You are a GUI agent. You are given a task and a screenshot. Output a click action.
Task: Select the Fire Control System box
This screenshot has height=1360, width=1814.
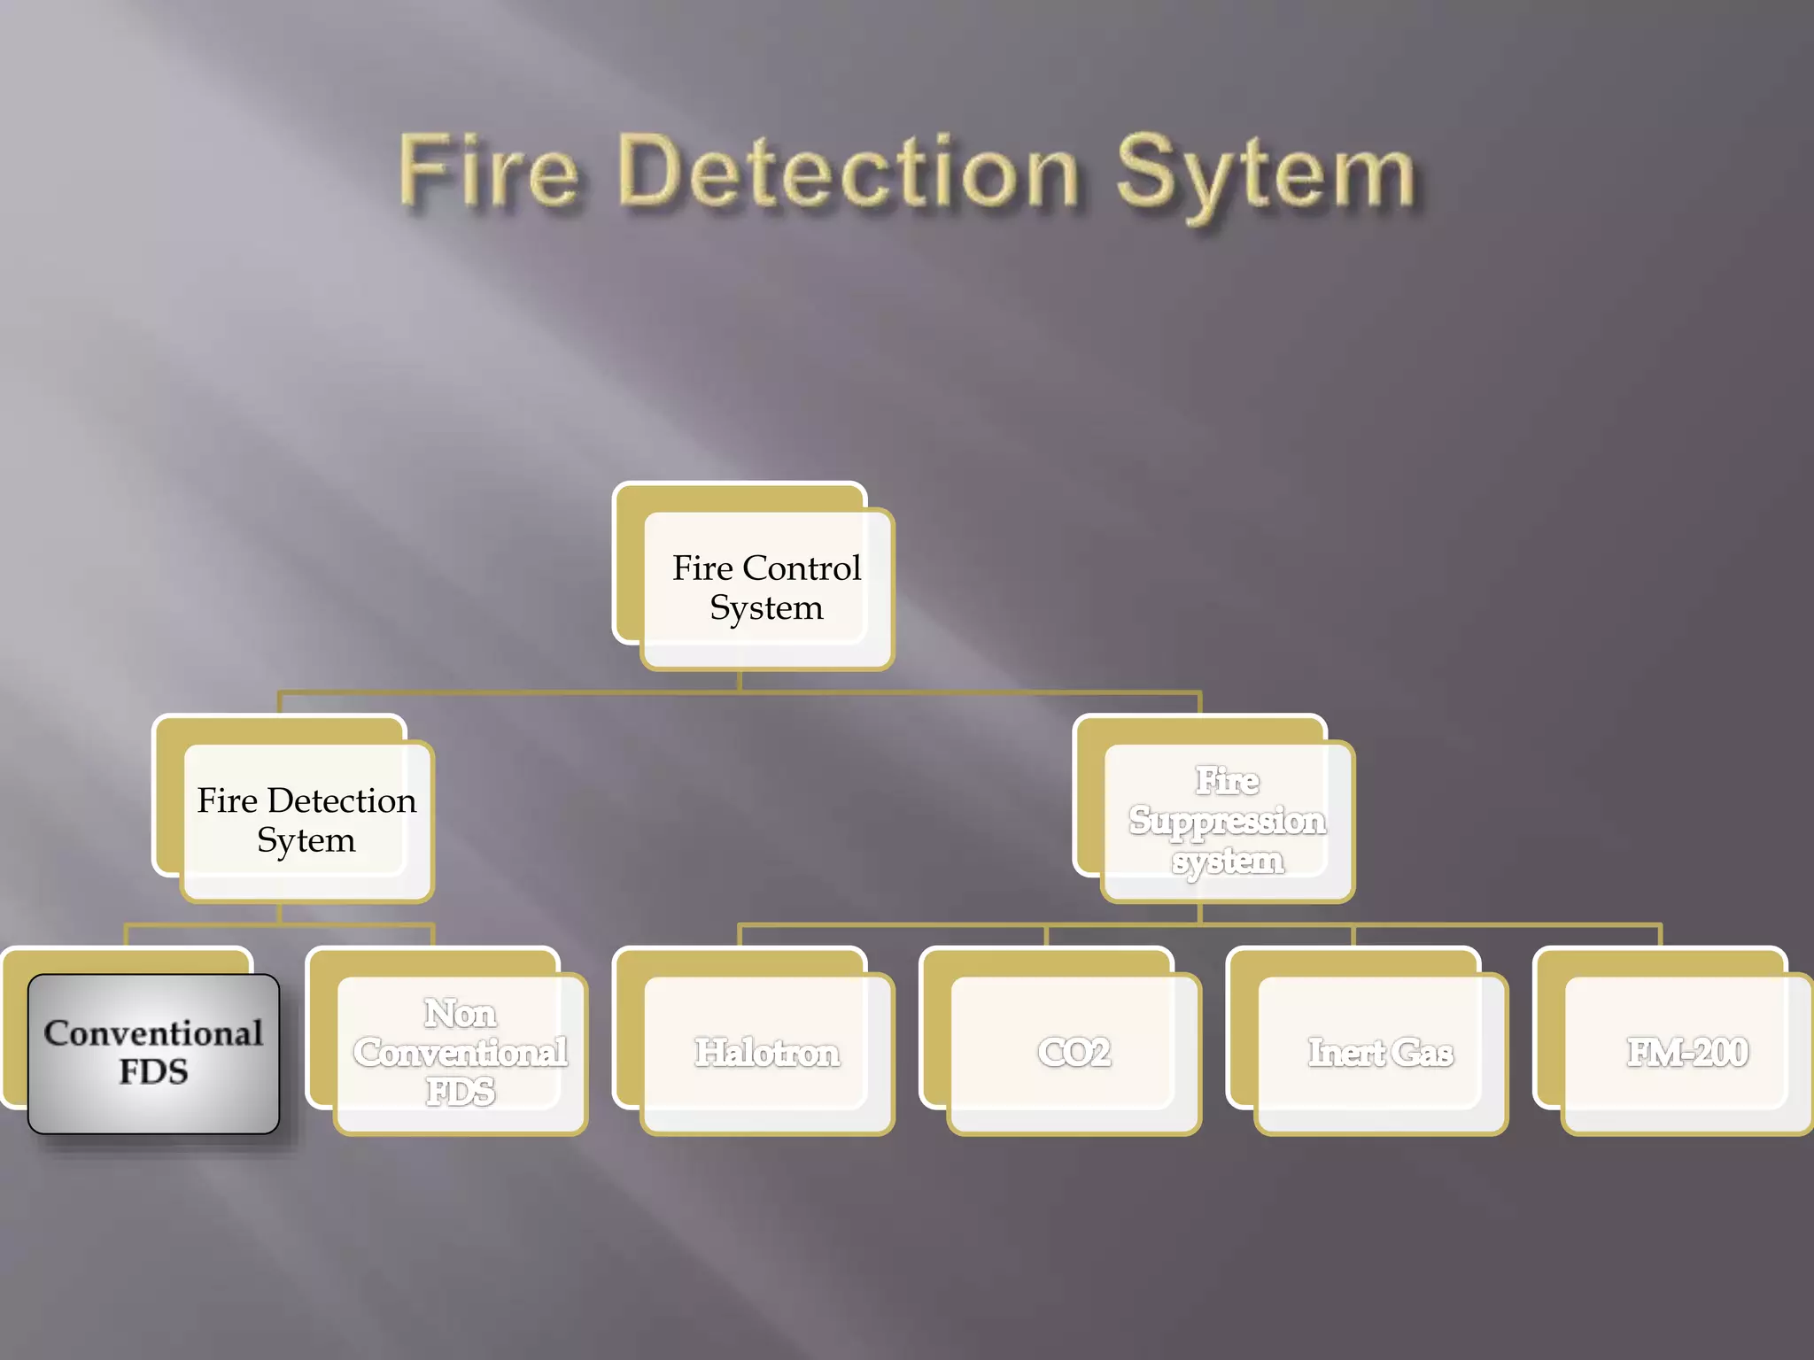click(x=766, y=588)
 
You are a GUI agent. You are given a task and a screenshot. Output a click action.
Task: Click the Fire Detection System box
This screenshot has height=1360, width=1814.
click(x=306, y=820)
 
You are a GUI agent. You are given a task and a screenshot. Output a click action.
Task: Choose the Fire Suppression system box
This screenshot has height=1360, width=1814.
click(x=1227, y=821)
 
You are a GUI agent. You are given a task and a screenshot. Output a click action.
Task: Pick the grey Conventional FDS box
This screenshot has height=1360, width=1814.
click(x=153, y=1053)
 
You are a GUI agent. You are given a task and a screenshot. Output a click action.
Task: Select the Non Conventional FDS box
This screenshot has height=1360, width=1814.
click(x=460, y=1053)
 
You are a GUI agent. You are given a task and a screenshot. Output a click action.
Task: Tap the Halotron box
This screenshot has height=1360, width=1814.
click(x=766, y=1053)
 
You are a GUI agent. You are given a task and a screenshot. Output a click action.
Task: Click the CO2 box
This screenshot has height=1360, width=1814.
click(x=1074, y=1053)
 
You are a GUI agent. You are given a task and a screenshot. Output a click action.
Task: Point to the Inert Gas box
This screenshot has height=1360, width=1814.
click(x=1380, y=1053)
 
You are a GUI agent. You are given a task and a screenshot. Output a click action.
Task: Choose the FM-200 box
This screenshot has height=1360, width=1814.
click(x=1687, y=1053)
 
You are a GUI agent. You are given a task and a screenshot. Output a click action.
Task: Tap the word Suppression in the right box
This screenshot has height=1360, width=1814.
click(x=1227, y=821)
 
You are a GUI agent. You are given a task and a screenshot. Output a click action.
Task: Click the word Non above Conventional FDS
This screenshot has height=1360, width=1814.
click(x=460, y=1014)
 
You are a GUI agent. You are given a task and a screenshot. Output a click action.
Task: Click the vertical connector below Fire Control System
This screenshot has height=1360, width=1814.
click(x=740, y=680)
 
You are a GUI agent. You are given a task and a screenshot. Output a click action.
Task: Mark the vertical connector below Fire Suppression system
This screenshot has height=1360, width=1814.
click(x=1200, y=913)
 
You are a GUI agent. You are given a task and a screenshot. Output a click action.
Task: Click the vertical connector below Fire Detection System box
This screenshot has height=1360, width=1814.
click(x=280, y=913)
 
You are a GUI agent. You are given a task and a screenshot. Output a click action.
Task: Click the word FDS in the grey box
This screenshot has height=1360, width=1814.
click(x=153, y=1072)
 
